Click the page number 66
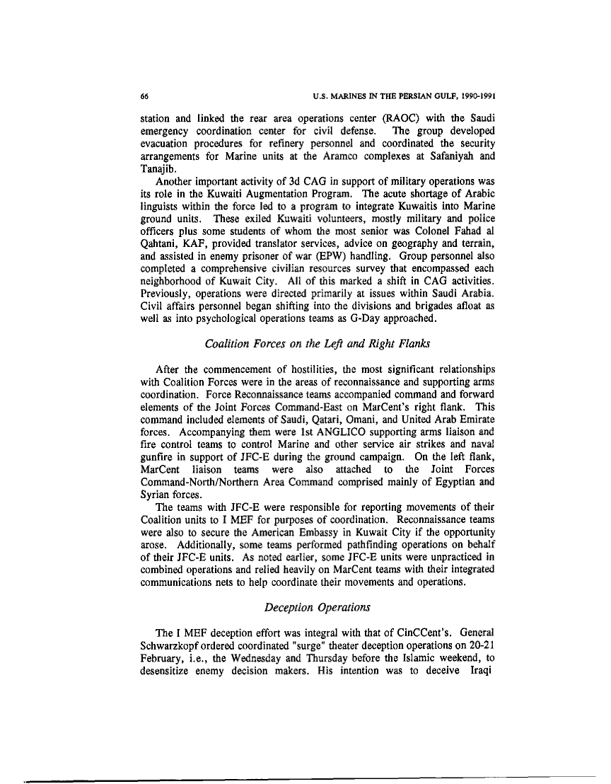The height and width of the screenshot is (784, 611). pyautogui.click(x=145, y=96)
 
